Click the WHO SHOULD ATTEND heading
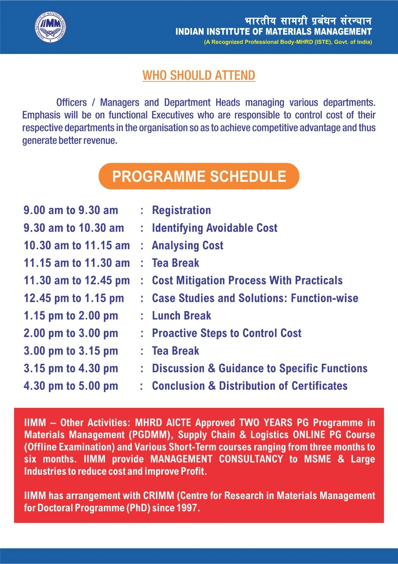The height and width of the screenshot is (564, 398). coord(199,75)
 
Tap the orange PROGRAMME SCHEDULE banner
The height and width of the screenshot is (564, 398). coord(199,176)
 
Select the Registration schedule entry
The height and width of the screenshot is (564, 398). coord(181,210)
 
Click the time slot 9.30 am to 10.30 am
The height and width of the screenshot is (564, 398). coord(74,228)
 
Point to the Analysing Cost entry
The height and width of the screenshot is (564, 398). coord(187,245)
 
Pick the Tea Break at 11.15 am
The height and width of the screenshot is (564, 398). coord(175,263)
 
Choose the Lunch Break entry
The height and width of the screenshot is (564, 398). coord(181,315)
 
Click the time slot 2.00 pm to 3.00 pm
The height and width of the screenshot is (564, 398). coord(71,333)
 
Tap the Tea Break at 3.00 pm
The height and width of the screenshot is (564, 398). coord(175,351)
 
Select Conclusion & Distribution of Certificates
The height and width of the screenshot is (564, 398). coord(250,386)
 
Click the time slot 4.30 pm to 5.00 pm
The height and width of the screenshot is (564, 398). coord(71,386)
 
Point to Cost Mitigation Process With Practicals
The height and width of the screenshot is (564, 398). coord(247,280)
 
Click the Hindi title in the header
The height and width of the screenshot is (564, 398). coord(308,21)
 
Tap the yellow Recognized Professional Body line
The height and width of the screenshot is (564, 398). coord(288,42)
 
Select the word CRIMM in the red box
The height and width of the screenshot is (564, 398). coord(158,496)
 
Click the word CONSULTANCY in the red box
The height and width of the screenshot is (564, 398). coord(251,459)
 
